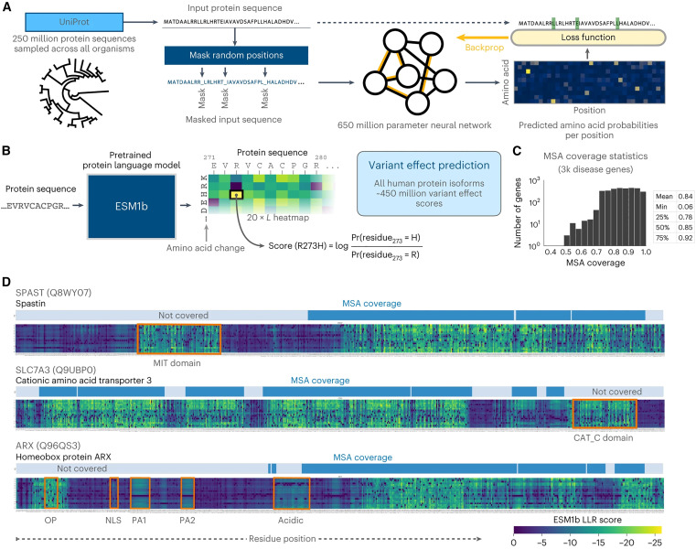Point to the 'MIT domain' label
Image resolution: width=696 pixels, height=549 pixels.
177,362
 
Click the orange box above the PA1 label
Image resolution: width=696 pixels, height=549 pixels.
140,492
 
